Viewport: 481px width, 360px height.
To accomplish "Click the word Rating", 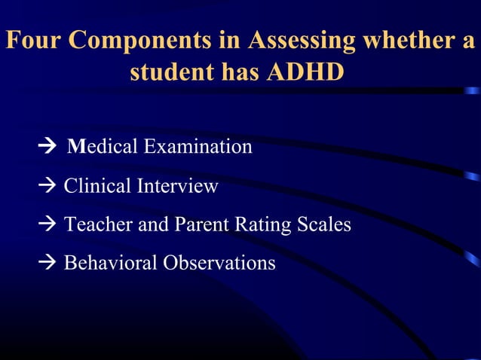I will tap(256, 224).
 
